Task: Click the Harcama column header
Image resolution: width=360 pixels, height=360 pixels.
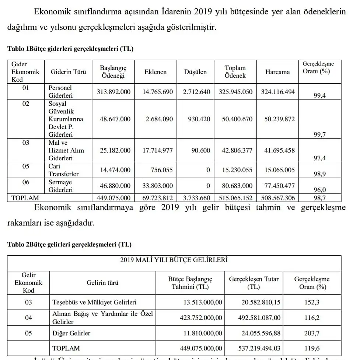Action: [277, 72]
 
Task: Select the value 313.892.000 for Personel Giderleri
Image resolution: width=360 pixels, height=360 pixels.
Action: [113, 92]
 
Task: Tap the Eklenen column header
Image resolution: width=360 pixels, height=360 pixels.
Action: [155, 72]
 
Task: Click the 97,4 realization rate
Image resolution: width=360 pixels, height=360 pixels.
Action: [319, 158]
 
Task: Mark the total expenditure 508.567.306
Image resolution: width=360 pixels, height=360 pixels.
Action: [278, 198]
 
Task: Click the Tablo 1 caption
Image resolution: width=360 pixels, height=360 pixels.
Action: [70, 49]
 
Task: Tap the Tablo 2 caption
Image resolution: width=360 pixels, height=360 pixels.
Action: [69, 244]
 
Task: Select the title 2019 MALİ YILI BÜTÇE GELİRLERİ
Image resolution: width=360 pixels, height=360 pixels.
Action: [174, 260]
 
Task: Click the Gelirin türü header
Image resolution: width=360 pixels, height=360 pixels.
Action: [102, 283]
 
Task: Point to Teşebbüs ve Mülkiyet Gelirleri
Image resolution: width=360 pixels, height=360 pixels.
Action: [94, 302]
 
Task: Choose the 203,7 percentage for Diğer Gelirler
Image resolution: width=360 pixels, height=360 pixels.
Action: [312, 333]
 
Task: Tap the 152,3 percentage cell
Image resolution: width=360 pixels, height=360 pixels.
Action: [312, 302]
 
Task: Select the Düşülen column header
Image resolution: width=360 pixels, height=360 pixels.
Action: [195, 72]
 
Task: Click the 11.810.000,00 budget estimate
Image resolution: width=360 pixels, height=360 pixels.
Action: [203, 333]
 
